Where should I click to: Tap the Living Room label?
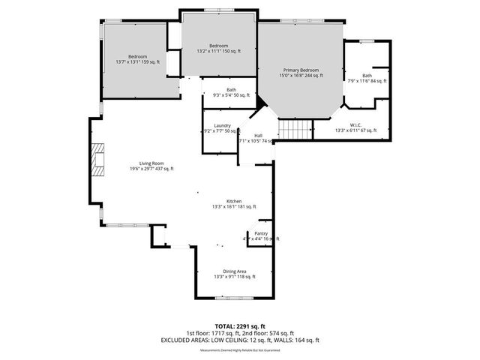151,163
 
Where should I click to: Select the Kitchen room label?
233,200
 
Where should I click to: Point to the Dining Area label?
234,271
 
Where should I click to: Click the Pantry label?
260,233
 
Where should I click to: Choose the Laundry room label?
221,125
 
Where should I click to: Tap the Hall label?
257,135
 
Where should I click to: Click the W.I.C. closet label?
356,124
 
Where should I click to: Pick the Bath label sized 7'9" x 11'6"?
367,75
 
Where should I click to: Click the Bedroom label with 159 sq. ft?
137,56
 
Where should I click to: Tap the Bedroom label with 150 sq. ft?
218,46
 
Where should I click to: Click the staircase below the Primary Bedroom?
295,130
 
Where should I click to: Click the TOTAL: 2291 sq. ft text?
240,326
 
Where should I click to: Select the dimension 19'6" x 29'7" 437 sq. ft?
151,169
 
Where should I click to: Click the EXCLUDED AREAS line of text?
240,340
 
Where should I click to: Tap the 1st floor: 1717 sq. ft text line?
240,333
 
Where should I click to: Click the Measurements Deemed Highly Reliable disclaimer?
240,349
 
